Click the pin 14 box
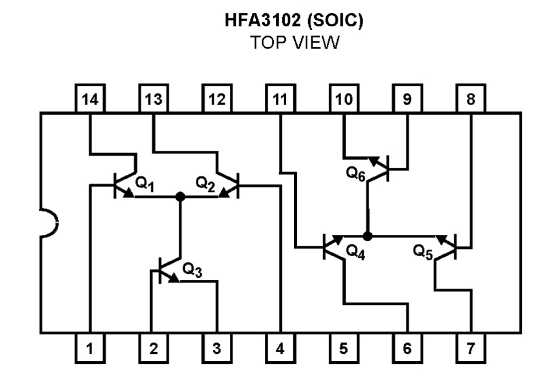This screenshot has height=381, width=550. point(90,99)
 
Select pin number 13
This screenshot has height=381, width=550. point(153,99)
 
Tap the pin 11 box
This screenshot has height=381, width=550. point(280,99)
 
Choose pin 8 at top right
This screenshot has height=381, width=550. point(471,99)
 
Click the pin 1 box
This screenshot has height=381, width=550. point(90,349)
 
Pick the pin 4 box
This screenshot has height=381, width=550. point(280,349)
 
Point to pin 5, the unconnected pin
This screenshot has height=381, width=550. point(344,349)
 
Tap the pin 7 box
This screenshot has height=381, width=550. point(471,349)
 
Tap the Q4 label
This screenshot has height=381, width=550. point(355,251)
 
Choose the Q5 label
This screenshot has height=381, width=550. point(423,251)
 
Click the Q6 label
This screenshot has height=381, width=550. point(356,174)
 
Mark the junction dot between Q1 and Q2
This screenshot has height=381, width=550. point(179,197)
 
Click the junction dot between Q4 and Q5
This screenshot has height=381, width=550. point(367,236)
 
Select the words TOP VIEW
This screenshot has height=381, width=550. point(294,42)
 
